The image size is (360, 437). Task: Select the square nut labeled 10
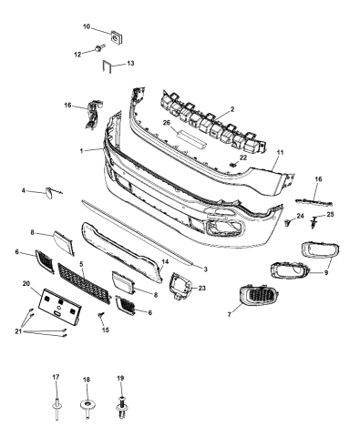pos(118,37)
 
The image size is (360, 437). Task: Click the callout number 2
pos(232,108)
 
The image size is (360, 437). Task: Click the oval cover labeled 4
pos(45,191)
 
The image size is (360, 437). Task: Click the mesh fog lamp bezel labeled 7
pos(252,299)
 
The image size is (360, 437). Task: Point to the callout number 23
pos(202,288)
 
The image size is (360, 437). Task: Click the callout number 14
pos(166,261)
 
